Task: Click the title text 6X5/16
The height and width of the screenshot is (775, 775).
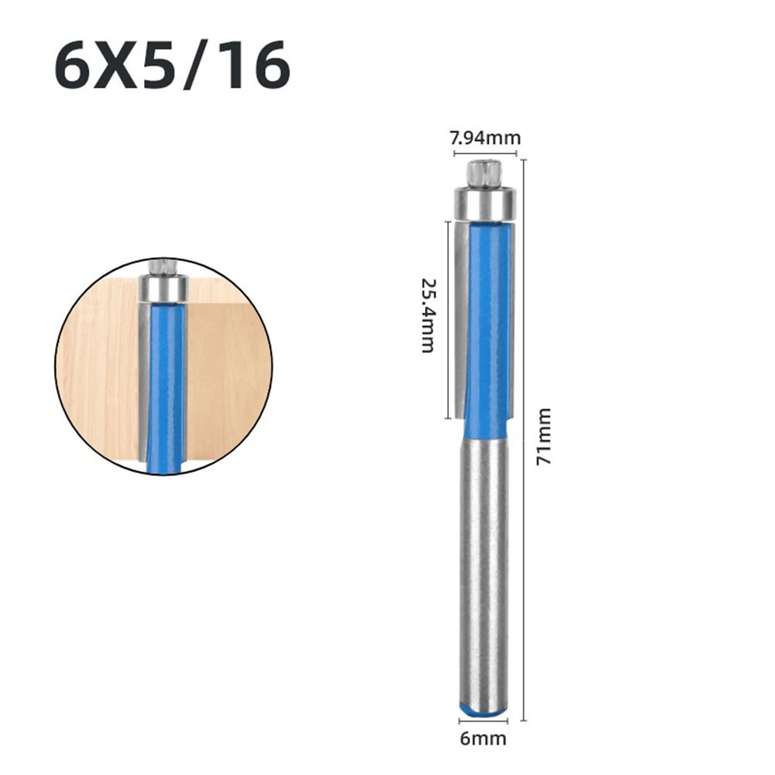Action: point(172,67)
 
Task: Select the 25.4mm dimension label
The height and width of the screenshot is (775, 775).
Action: point(427,315)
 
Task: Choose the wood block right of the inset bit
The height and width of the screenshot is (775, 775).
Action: point(228,364)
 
